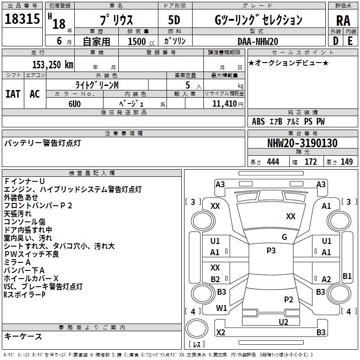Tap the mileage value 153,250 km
[53, 65]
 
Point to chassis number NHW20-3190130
[302, 143]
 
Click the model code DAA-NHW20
[258, 41]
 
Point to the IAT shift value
[13, 94]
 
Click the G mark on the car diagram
[284, 237]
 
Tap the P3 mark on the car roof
[271, 251]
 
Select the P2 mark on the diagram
[289, 299]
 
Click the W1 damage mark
[221, 308]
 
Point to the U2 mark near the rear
[283, 321]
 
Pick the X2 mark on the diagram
[220, 333]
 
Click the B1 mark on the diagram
[347, 276]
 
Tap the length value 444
[273, 162]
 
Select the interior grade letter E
[350, 41]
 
